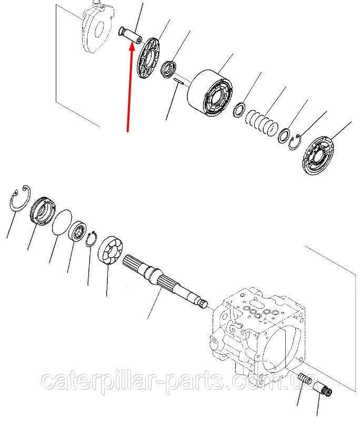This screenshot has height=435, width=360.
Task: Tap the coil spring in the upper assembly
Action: [262, 124]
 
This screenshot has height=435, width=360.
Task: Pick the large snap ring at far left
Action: [20, 199]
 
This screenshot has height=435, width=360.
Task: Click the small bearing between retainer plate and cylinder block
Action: [168, 69]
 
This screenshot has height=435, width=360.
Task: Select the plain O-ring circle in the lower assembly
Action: [62, 222]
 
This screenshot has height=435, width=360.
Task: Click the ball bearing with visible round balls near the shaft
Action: [111, 251]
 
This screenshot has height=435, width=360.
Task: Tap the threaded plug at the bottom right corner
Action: [322, 389]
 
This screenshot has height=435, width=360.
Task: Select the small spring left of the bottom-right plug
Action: [305, 378]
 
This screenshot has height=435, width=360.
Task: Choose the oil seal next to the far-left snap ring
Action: [43, 211]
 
